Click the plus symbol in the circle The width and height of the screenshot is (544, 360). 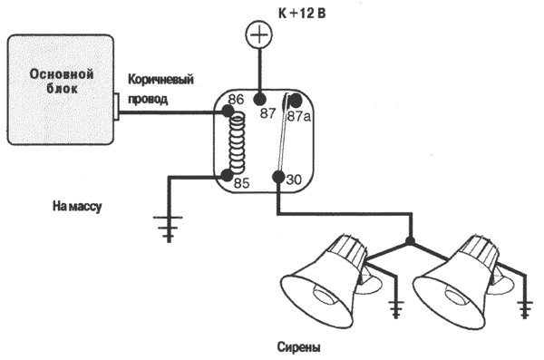258,34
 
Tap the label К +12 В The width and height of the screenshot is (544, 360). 302,14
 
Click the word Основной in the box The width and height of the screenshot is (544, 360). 62,74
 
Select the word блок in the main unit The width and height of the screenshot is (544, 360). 62,89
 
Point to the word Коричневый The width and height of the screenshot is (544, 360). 161,80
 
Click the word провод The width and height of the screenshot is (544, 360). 148,99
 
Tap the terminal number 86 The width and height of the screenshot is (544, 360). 236,100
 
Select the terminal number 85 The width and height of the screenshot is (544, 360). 241,183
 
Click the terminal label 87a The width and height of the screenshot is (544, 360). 298,116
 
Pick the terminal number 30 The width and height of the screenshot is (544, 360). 294,180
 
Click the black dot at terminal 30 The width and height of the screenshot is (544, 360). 278,177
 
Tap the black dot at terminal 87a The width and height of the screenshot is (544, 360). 296,101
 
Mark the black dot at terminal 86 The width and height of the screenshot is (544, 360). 228,112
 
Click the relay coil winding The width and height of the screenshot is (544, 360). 237,143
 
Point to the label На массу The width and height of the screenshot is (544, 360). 77,206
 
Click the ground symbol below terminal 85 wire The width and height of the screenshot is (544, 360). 169,229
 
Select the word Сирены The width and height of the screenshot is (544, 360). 298,347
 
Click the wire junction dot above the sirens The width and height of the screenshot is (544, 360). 411,241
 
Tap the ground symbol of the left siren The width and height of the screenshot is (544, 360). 396,309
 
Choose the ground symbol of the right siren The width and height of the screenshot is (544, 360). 525,309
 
